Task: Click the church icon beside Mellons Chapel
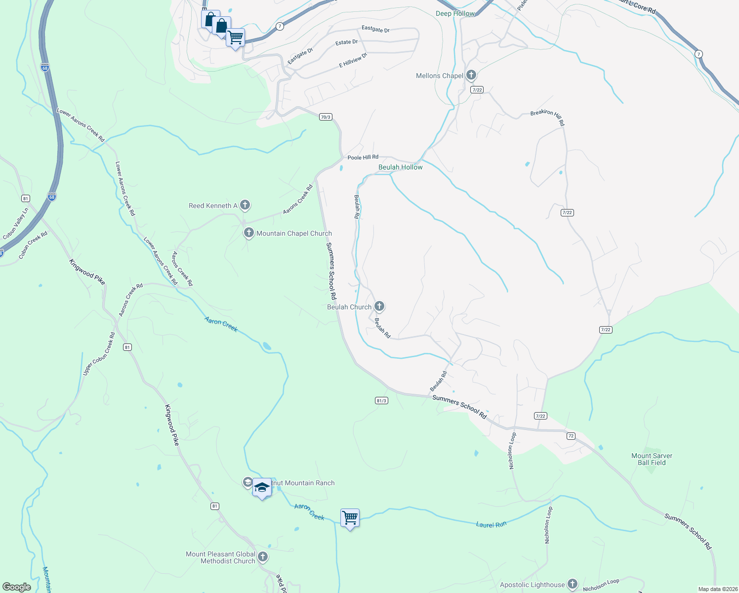471,75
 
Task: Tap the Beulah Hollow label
400,167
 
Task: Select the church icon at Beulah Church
379,306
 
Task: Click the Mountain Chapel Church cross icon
249,233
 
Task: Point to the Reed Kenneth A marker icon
245,205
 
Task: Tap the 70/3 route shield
326,117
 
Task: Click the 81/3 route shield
381,400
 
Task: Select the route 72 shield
571,436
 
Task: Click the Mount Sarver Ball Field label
652,459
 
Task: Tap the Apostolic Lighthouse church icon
573,584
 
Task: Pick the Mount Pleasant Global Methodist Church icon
263,557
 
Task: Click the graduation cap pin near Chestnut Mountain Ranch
262,488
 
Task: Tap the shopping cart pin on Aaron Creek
350,518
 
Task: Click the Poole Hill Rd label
363,157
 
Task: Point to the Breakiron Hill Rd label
547,117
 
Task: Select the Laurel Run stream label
491,524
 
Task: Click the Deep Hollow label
455,13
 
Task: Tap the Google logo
16,587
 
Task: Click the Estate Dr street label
346,42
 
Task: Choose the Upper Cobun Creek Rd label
99,354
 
